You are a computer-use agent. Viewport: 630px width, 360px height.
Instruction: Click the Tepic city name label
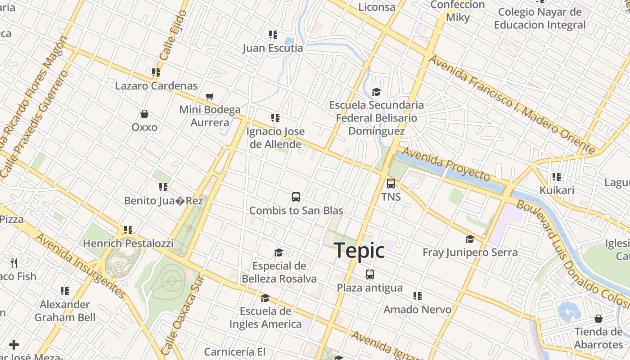pyautogui.click(x=359, y=250)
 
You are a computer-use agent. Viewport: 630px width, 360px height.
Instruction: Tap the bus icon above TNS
pyautogui.click(x=391, y=184)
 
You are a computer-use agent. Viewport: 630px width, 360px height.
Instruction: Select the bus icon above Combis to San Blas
pyautogui.click(x=296, y=197)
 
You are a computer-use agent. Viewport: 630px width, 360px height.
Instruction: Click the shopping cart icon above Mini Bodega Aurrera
pyautogui.click(x=209, y=96)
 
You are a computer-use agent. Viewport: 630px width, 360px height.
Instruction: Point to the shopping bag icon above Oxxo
pyautogui.click(x=144, y=114)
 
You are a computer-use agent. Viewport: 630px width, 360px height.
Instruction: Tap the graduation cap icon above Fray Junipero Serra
pyautogui.click(x=470, y=239)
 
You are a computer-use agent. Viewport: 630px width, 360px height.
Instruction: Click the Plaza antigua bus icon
pyautogui.click(x=369, y=274)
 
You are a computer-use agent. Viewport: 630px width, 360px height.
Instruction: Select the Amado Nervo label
pyautogui.click(x=417, y=310)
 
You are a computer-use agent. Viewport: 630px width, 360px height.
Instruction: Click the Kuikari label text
pyautogui.click(x=557, y=190)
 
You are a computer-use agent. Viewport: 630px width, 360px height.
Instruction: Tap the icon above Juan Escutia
pyautogui.click(x=273, y=35)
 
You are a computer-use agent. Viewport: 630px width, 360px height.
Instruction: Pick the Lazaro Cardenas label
pyautogui.click(x=156, y=85)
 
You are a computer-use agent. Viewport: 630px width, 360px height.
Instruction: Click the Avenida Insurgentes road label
pyautogui.click(x=81, y=265)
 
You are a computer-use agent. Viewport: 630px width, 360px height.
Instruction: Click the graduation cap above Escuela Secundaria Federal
pyautogui.click(x=376, y=92)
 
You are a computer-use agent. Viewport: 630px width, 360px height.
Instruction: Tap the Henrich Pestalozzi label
pyautogui.click(x=128, y=243)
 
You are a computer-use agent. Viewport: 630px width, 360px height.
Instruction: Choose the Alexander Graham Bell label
pyautogui.click(x=65, y=311)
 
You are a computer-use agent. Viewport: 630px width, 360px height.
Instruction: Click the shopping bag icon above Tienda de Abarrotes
pyautogui.click(x=598, y=319)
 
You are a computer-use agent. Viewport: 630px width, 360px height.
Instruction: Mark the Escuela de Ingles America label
pyautogui.click(x=265, y=318)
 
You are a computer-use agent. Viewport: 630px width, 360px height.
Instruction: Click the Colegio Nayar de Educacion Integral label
pyautogui.click(x=540, y=18)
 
